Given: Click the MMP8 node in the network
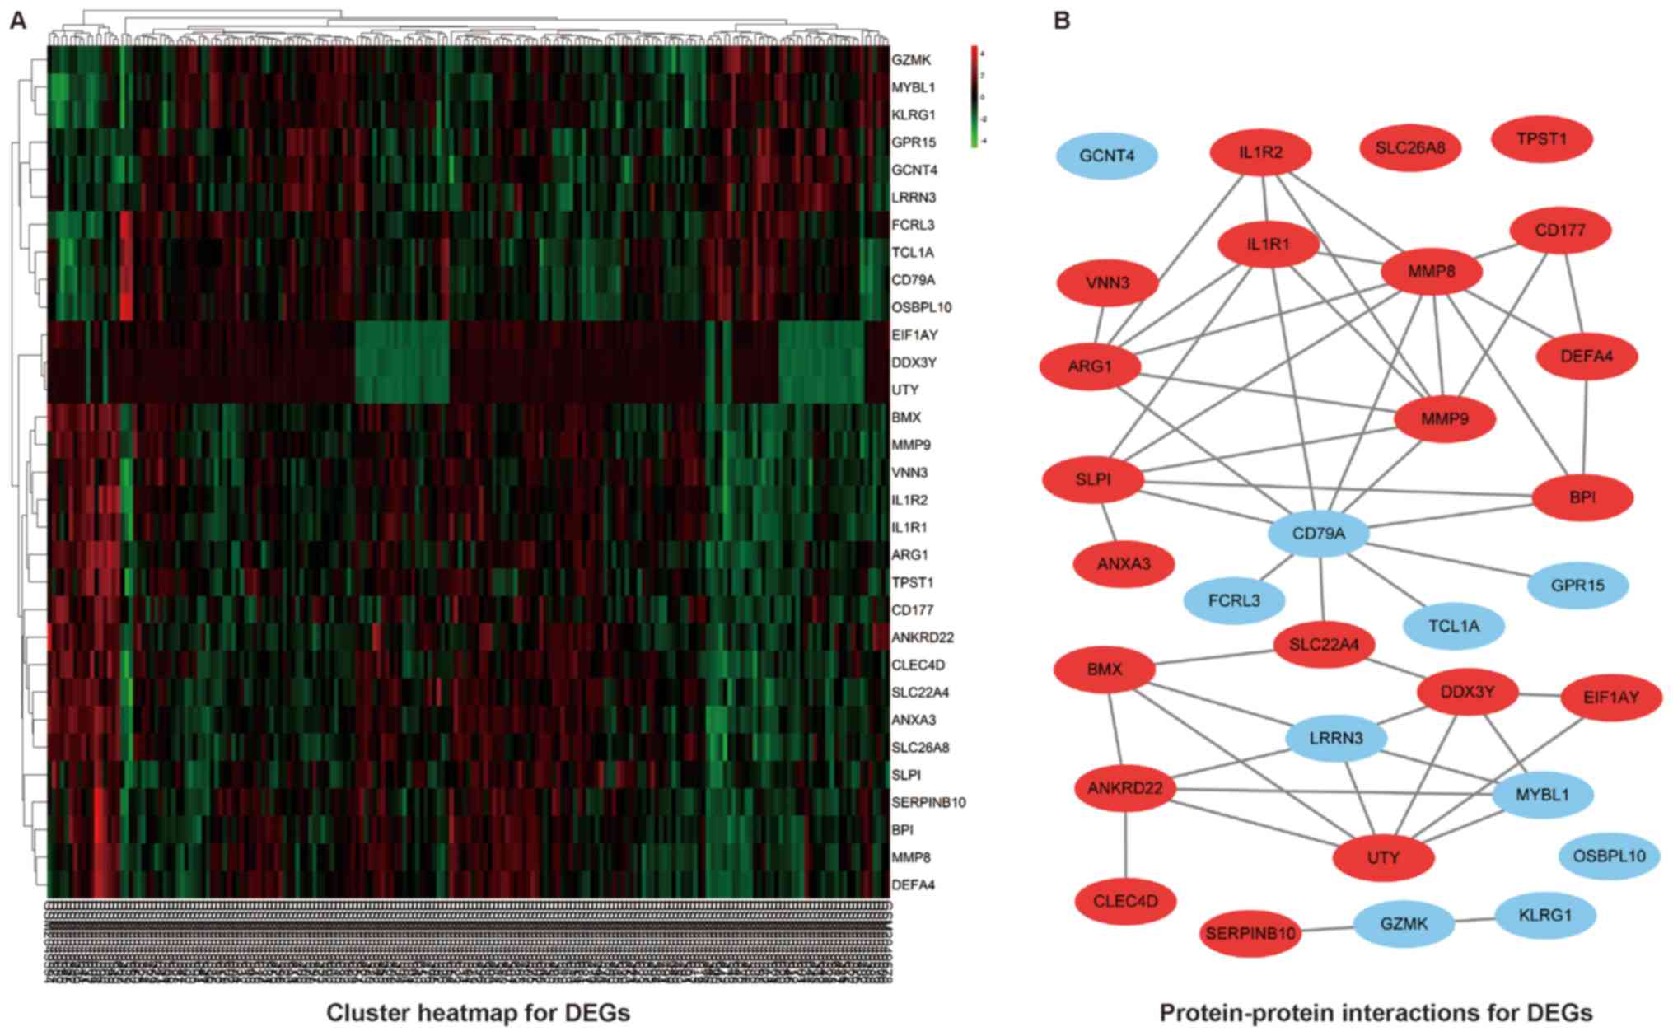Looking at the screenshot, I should point(1431,271).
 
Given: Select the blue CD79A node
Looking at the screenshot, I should point(1318,534).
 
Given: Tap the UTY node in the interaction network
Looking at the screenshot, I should point(1383,857).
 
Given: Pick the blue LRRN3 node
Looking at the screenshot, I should point(1336,738).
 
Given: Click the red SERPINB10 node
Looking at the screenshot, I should point(1250,933).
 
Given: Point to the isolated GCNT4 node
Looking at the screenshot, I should point(1106,155).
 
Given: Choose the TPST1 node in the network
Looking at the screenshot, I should point(1541,138).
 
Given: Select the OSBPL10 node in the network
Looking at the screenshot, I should point(1608,856).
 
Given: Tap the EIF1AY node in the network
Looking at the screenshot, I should point(1610,698).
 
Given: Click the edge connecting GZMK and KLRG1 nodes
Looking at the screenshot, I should point(1474,920).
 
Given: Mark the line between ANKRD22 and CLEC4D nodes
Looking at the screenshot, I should point(1125,843).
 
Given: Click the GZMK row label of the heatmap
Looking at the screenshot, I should point(910,60).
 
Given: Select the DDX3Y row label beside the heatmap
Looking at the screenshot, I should point(914,362).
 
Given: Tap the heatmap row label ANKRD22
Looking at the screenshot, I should point(922,637).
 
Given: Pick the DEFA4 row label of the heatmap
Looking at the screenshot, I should point(913,885).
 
